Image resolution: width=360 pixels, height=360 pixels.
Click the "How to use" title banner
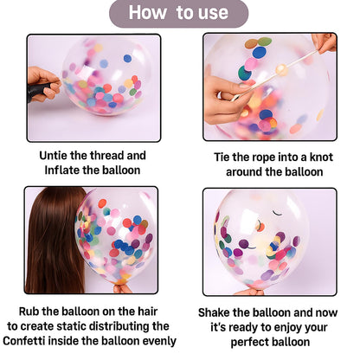click(x=178, y=13)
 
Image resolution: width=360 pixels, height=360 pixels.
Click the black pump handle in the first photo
click(x=38, y=89)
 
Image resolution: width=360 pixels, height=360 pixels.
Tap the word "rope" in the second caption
click(x=251, y=158)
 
